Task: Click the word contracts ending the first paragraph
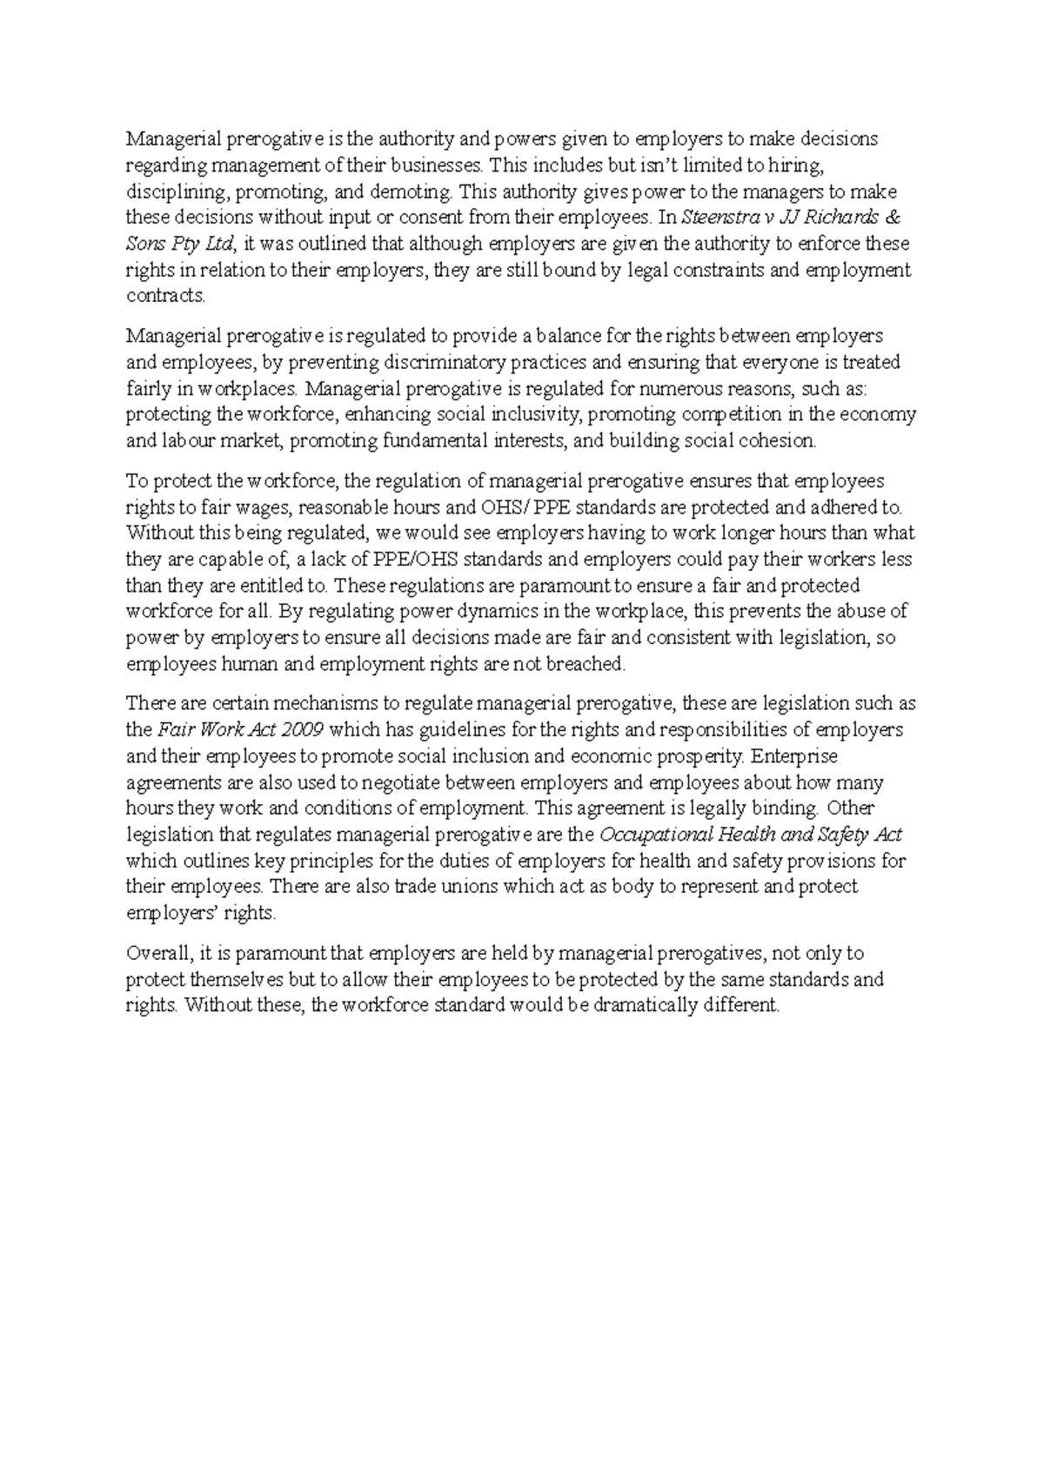pos(165,296)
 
